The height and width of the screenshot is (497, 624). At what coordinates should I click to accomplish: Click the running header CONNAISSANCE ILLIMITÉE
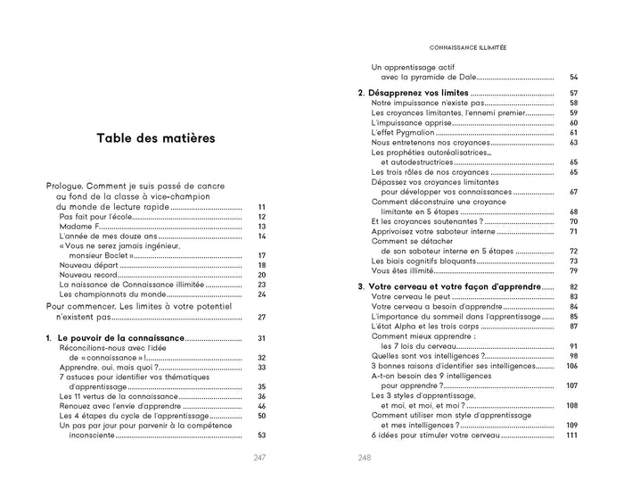(462, 49)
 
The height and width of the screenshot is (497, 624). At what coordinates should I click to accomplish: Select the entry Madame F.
(78, 227)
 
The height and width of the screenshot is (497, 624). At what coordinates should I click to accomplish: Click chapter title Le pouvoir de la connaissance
(119, 338)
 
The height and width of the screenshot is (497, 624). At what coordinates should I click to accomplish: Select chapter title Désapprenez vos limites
(418, 93)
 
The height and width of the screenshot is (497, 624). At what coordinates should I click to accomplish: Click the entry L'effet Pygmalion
(399, 132)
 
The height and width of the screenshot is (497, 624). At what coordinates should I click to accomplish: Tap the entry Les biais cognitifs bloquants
(424, 261)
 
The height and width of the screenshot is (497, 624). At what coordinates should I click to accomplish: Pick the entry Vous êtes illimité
(396, 270)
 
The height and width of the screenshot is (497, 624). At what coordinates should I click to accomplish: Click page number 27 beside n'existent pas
(261, 317)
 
